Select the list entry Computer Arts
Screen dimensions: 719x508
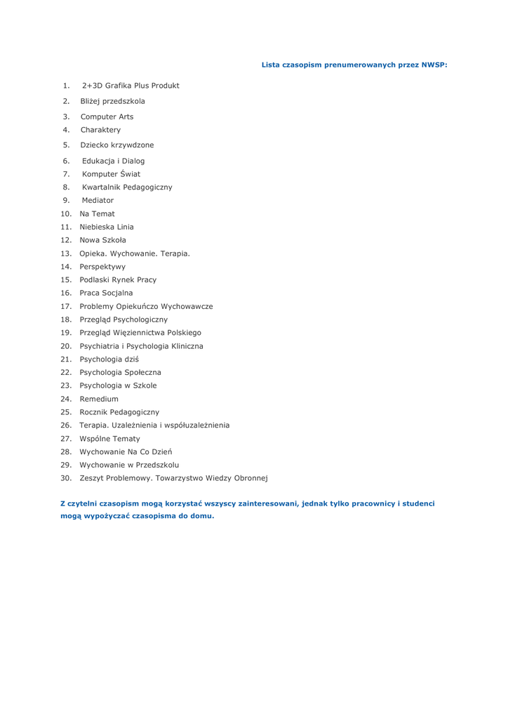107,117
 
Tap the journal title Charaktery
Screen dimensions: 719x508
100,130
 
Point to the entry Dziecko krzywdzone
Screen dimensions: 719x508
117,145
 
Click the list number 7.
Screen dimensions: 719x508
65,174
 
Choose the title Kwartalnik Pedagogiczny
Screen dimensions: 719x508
127,187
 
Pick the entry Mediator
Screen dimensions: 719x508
98,200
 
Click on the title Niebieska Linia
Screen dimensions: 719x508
107,227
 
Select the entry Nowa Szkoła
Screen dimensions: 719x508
103,240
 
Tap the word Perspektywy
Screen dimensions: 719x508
102,267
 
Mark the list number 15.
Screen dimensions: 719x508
66,279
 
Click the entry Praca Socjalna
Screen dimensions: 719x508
106,293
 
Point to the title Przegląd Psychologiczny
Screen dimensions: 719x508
123,319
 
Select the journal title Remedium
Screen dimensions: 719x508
99,399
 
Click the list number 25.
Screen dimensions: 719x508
66,412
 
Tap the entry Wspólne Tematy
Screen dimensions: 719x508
109,439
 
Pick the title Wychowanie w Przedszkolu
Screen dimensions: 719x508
129,465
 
